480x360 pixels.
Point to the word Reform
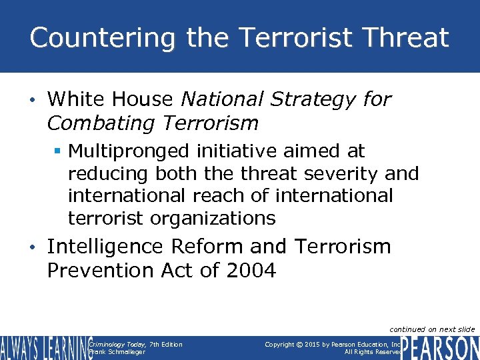(x=207, y=247)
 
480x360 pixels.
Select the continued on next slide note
(x=432, y=329)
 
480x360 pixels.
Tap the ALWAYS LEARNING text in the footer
(x=45, y=348)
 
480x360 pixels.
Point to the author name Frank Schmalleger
(x=117, y=351)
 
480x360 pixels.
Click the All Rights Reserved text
(x=373, y=351)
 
